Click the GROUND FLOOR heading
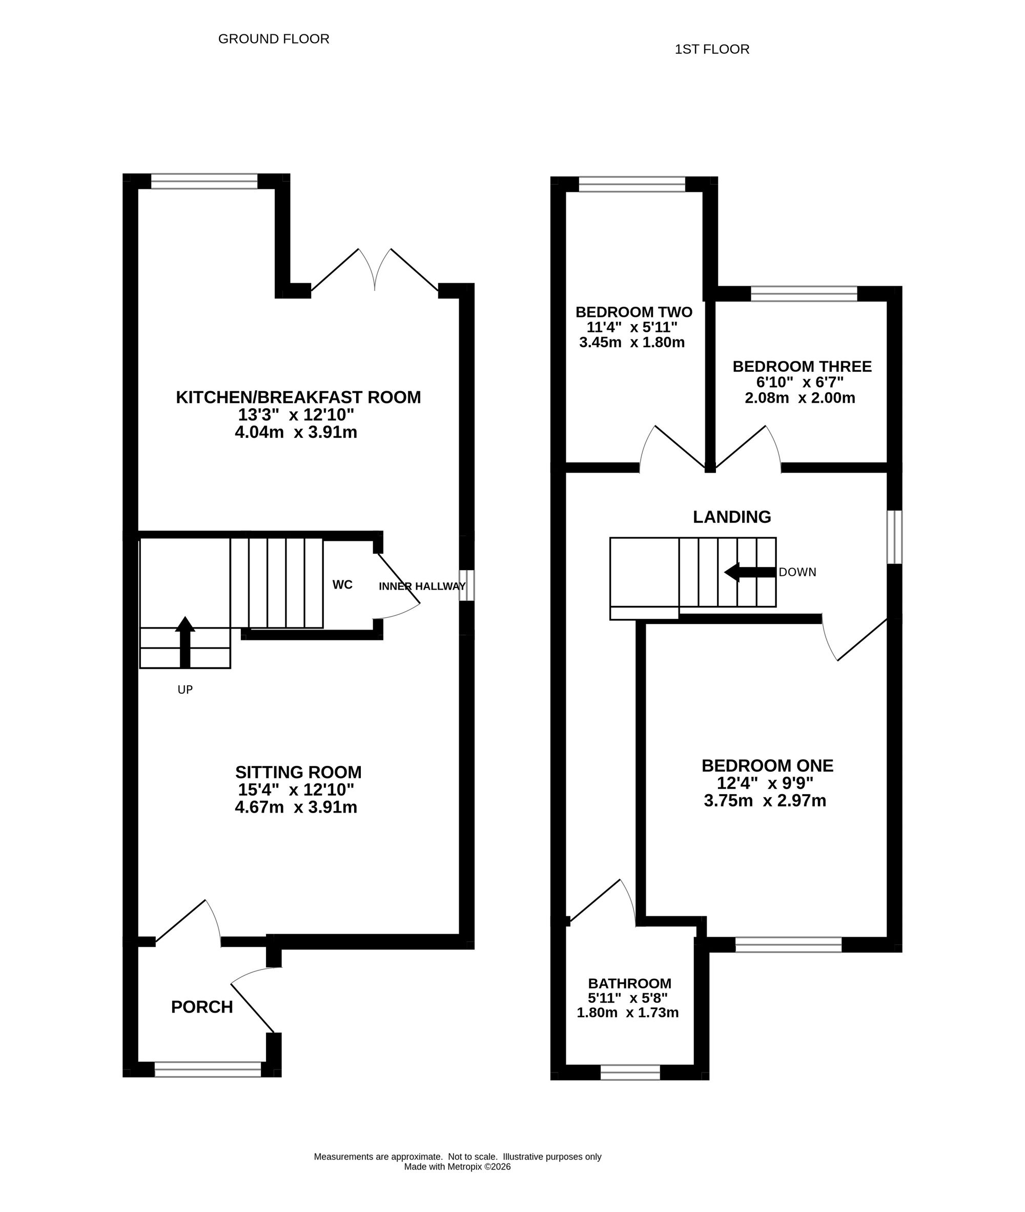(274, 39)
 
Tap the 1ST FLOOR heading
(712, 49)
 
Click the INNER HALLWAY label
(422, 586)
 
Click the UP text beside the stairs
(185, 690)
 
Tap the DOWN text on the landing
(797, 572)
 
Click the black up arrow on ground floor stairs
(185, 641)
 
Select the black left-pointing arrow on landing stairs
(750, 572)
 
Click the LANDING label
(732, 517)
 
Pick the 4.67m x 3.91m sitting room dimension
(296, 807)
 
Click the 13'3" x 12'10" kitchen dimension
(296, 415)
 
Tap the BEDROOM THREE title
(802, 367)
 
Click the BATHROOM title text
(629, 983)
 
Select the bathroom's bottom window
(630, 1073)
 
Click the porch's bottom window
(208, 1069)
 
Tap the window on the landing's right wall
(894, 537)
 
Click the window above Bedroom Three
(804, 294)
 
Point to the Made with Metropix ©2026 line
(457, 1167)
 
